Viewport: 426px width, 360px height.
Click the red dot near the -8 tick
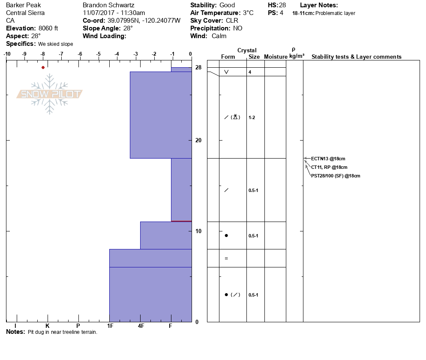click(x=43, y=67)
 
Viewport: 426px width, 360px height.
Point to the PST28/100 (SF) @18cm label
click(x=336, y=176)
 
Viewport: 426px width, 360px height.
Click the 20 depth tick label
click(x=198, y=141)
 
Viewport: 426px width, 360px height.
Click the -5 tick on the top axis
click(x=99, y=54)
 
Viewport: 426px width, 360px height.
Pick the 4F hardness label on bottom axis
click(x=141, y=326)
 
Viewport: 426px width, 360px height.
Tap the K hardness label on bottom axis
click(x=48, y=326)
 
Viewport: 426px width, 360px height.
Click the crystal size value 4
click(x=250, y=72)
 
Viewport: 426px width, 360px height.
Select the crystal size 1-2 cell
click(x=252, y=117)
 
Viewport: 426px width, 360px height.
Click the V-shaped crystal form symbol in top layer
click(x=226, y=72)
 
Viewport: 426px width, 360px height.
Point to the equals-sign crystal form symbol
click(x=226, y=258)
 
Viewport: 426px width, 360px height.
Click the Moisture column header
click(x=276, y=57)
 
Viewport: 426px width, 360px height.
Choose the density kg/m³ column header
click(x=297, y=56)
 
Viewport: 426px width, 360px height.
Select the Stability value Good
click(x=227, y=5)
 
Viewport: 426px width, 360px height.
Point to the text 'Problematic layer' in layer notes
click(x=335, y=13)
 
